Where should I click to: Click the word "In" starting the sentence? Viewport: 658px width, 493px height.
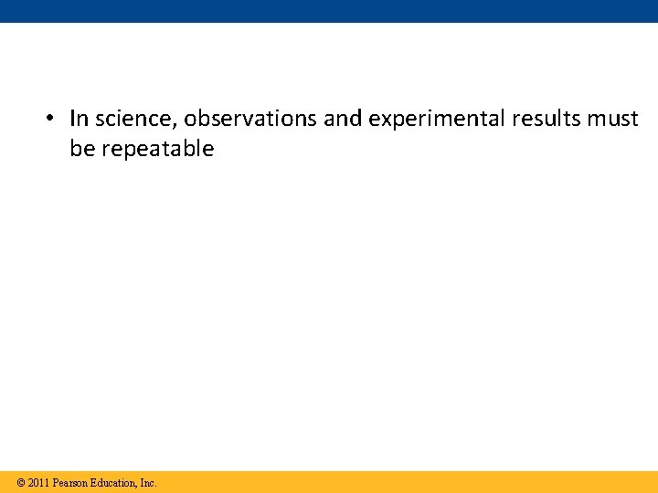[79, 119]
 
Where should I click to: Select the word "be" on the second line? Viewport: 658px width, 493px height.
[82, 149]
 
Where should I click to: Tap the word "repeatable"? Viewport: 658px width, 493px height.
[157, 150]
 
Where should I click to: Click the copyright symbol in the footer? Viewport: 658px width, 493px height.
[20, 482]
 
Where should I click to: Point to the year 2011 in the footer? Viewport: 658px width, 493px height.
[38, 482]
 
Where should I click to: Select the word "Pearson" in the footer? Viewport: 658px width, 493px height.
[70, 482]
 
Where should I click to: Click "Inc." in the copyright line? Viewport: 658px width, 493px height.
[148, 482]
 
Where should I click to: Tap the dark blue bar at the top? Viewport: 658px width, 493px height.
[329, 11]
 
